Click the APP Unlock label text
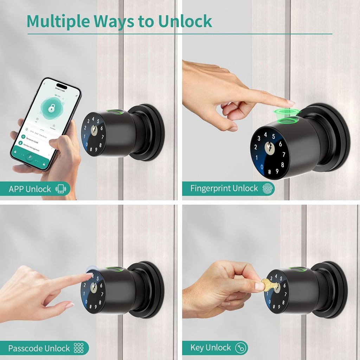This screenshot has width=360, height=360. [x=30, y=189]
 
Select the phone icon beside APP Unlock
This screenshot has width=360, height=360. [x=60, y=189]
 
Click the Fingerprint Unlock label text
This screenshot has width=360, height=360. [x=224, y=188]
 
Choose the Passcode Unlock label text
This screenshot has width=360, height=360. [x=39, y=348]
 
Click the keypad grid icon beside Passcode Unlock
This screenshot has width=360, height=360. [x=79, y=348]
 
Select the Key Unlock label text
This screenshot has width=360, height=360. [x=211, y=348]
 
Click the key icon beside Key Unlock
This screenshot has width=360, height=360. [x=240, y=348]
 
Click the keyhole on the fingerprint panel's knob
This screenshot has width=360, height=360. [x=269, y=147]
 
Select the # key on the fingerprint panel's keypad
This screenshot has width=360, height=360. [x=269, y=172]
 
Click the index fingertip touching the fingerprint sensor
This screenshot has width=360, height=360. [x=289, y=102]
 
